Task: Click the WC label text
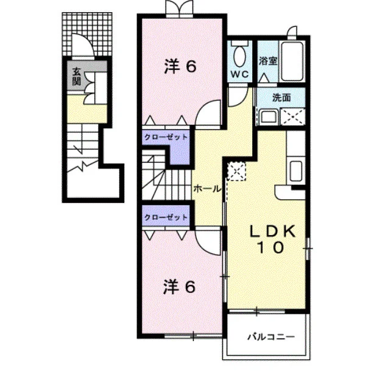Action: click(239, 74)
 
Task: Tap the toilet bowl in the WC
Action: click(239, 56)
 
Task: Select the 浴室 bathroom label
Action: click(268, 61)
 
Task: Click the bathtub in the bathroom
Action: click(292, 62)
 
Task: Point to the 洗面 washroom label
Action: click(281, 97)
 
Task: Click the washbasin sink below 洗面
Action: click(269, 118)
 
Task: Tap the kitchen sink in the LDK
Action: click(296, 171)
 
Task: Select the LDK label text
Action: click(272, 232)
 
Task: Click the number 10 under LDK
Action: click(270, 247)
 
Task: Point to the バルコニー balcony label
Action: click(272, 337)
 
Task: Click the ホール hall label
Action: click(207, 189)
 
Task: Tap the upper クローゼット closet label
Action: click(166, 137)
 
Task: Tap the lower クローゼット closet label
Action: click(166, 217)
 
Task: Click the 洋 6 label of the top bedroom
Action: click(180, 66)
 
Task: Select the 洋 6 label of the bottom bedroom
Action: click(180, 287)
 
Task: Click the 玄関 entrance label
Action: click(77, 77)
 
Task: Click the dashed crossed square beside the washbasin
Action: click(292, 117)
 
